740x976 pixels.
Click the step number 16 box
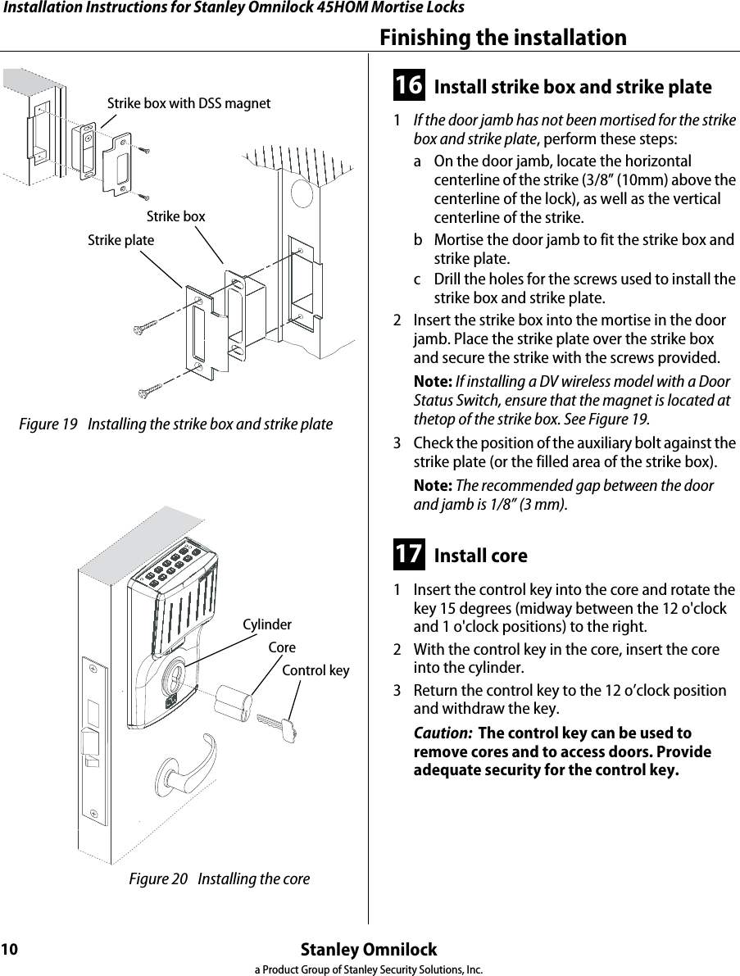(409, 85)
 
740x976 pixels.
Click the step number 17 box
(409, 554)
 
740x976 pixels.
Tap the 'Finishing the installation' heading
(502, 38)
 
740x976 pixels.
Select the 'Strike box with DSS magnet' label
(188, 103)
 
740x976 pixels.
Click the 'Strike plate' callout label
(120, 241)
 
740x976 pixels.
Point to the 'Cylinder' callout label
(267, 625)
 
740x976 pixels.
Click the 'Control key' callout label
(316, 671)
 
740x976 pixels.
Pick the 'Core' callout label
(282, 647)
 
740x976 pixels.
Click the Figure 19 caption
(176, 424)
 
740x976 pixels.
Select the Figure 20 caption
(220, 879)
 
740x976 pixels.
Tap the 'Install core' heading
(480, 556)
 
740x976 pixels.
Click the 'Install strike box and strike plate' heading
(572, 87)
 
